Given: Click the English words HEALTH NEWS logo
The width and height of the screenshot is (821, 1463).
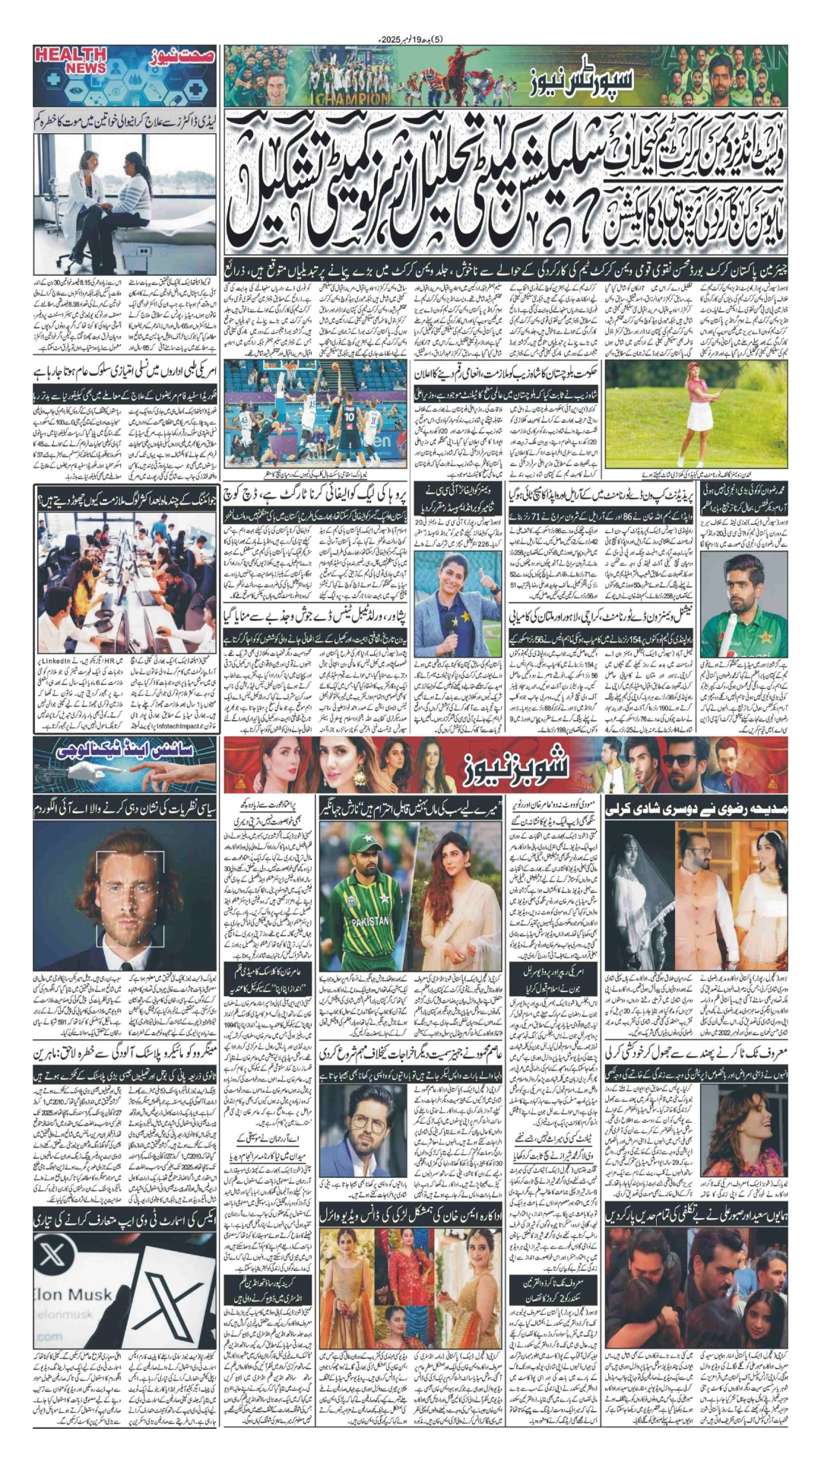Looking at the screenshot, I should (x=70, y=59).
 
